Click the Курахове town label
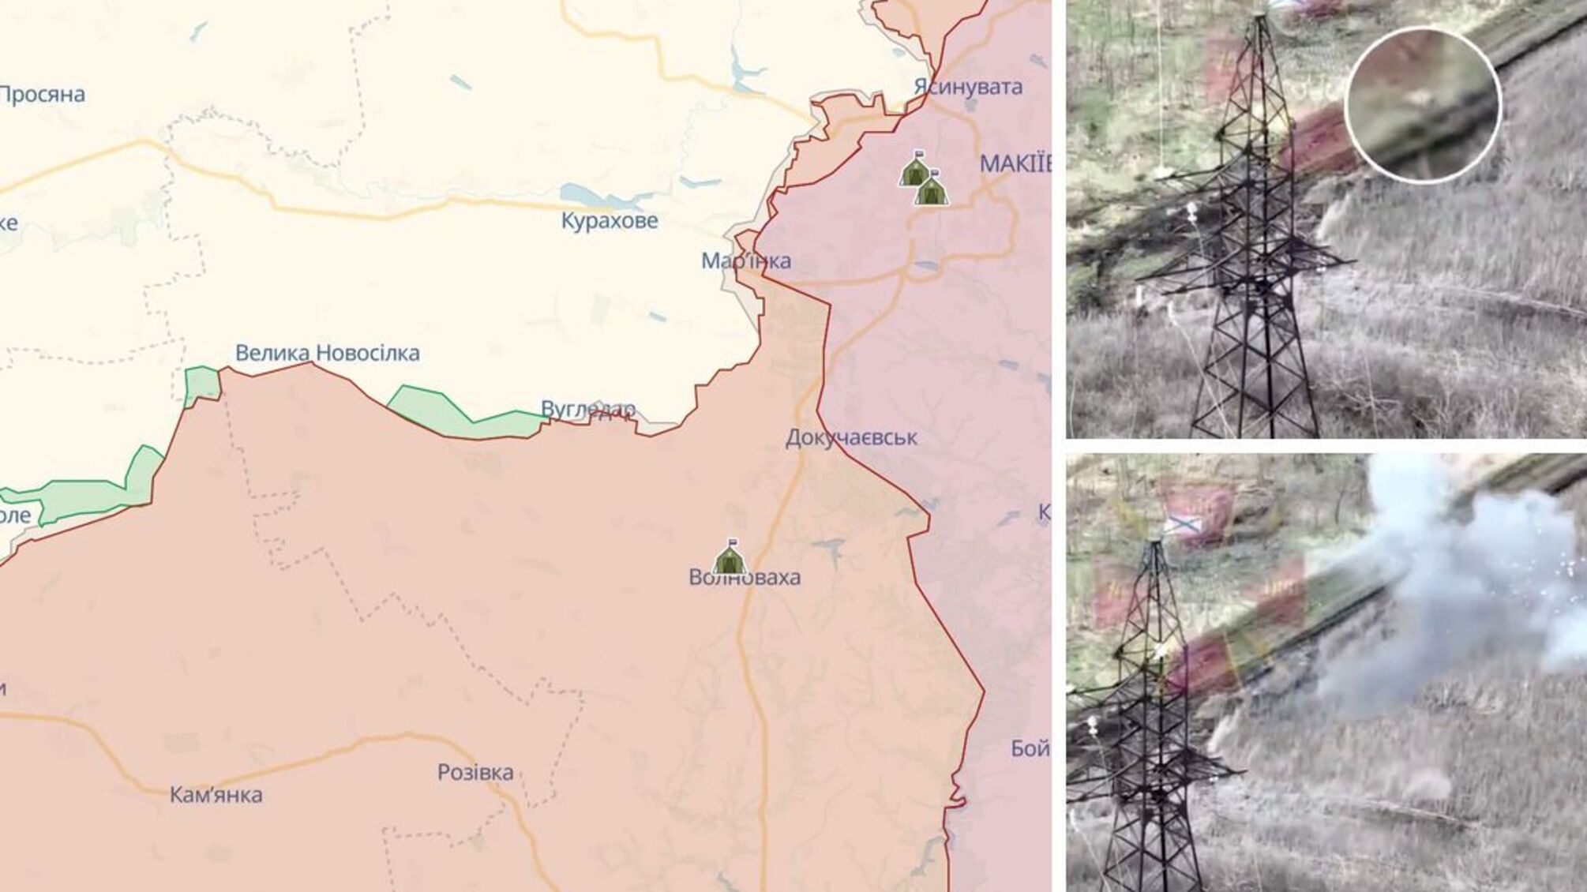point(609,220)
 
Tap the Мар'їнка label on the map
point(745,260)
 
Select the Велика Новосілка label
point(327,353)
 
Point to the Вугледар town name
point(587,409)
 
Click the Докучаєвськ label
point(851,437)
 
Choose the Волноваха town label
point(745,577)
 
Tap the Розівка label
point(475,772)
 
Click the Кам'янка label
point(216,795)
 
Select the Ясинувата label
point(968,86)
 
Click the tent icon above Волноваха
point(730,558)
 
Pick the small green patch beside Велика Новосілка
point(202,384)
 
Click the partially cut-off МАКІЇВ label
point(1015,164)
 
